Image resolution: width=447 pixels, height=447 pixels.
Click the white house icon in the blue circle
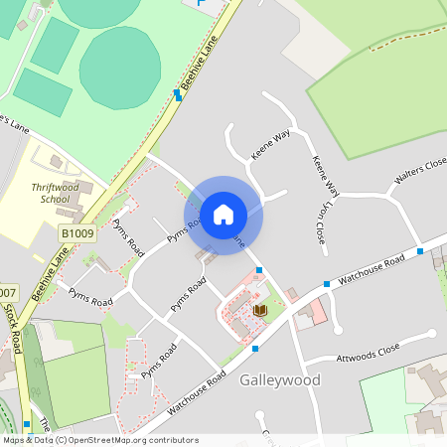223,215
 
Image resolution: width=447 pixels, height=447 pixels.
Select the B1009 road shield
76,233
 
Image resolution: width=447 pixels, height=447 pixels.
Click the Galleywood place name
280,379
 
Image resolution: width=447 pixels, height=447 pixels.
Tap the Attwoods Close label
368,351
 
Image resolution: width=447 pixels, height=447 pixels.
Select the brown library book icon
260,311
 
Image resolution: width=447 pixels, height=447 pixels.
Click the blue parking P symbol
202,4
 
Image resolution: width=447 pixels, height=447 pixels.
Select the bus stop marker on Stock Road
27,423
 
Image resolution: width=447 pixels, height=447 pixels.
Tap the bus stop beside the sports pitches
178,94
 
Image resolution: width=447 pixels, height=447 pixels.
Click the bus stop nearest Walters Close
420,250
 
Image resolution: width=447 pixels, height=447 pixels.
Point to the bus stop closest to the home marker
259,270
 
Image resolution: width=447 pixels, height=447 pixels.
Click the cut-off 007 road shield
7,293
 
